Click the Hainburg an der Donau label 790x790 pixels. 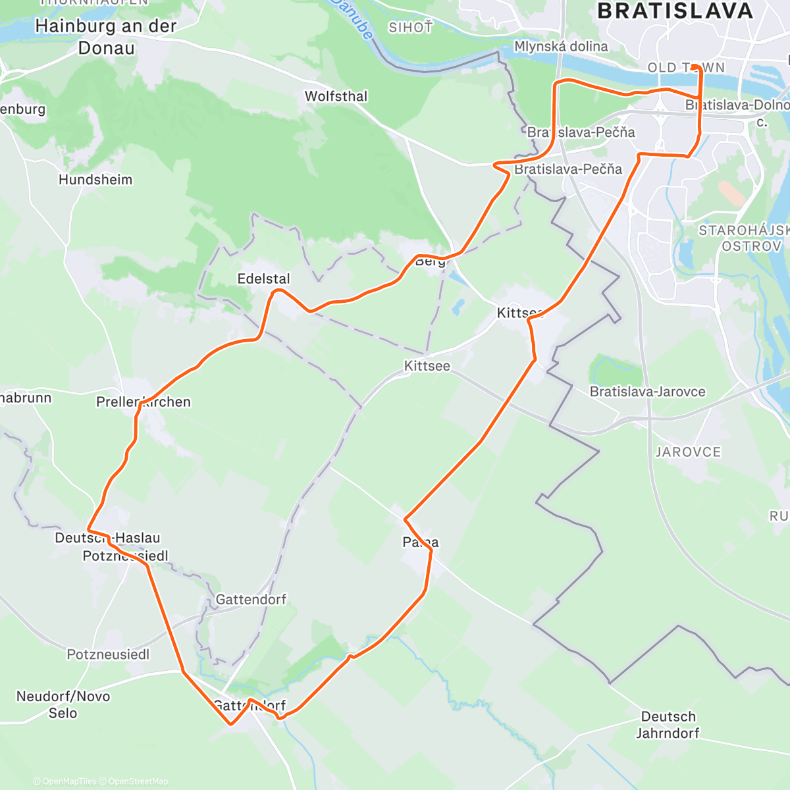pos(105,37)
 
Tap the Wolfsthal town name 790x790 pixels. pos(336,96)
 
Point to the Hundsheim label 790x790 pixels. pos(95,180)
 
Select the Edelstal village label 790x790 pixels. pos(263,278)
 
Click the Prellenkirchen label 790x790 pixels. pos(144,402)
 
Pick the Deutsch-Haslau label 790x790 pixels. pos(107,538)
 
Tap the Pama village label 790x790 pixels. pos(421,542)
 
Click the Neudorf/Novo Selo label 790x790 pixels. pos(63,704)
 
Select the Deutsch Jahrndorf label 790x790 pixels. pos(668,724)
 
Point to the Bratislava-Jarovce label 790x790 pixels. pos(647,392)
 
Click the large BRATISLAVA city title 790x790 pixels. pos(675,11)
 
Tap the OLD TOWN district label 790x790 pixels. pos(686,68)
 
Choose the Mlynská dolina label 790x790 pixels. pos(561,46)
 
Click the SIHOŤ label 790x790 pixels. pos(411,28)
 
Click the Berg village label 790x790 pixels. pos(430,261)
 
